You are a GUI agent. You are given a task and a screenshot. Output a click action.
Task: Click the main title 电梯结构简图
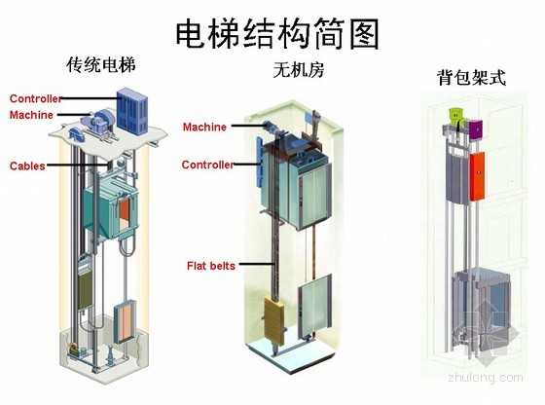tap(277, 34)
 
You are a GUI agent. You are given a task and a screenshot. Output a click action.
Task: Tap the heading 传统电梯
tap(101, 64)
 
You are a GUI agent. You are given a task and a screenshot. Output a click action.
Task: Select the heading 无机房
tap(299, 69)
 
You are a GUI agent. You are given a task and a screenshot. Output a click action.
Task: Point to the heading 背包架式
tap(471, 77)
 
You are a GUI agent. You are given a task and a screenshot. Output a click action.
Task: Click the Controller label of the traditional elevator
tap(36, 98)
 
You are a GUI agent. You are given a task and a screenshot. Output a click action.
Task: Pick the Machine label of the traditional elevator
tap(31, 115)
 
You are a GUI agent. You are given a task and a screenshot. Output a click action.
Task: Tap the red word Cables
tap(27, 166)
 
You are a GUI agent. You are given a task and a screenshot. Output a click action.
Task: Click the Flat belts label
tap(211, 266)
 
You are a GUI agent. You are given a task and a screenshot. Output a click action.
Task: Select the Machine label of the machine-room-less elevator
tap(204, 127)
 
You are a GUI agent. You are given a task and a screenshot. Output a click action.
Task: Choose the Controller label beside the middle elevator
tap(208, 165)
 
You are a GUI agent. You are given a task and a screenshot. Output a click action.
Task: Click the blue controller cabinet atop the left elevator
tap(132, 111)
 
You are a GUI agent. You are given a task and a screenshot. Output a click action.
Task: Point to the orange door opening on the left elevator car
tap(125, 214)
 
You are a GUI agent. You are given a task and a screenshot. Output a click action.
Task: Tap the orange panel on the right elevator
tap(477, 176)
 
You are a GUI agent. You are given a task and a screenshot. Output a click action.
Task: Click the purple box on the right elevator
tap(476, 130)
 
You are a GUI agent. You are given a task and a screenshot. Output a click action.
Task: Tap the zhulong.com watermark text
tap(486, 378)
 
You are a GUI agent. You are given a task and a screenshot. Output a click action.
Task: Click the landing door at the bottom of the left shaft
tap(125, 321)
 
